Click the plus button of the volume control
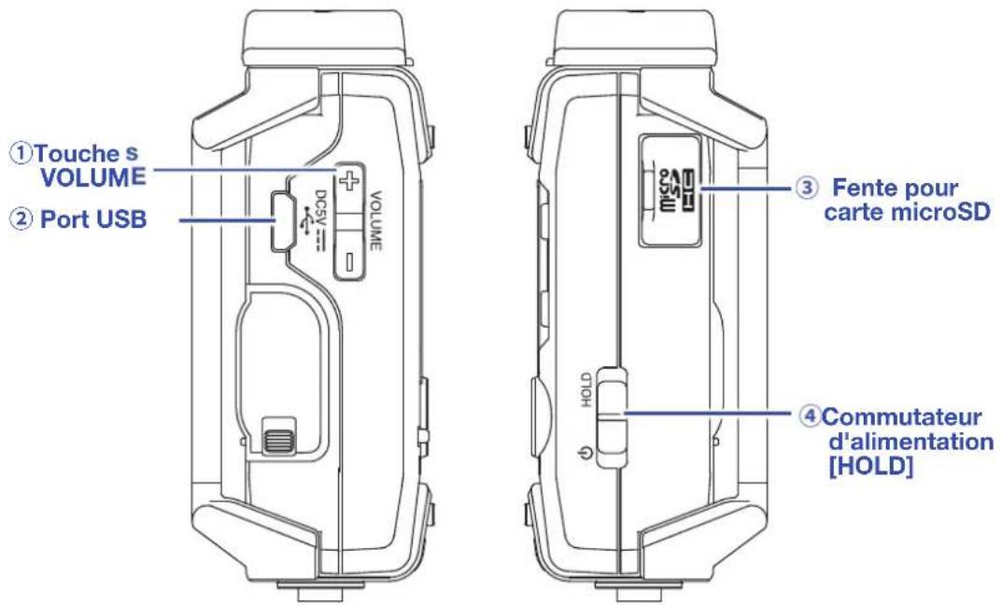click(x=347, y=181)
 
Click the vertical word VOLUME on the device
click(x=375, y=220)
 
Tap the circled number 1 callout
click(x=21, y=153)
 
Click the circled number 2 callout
click(x=21, y=219)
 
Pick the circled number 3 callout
click(x=807, y=188)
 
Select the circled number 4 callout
click(x=811, y=417)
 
